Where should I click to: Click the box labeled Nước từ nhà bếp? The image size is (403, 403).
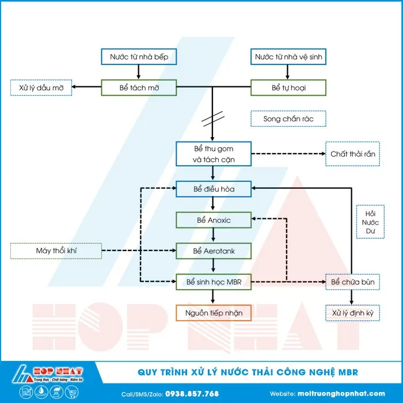[139, 56]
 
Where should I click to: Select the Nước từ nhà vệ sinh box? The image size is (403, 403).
[290, 56]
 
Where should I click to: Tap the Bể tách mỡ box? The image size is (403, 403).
[139, 88]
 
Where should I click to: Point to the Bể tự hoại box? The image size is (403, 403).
[288, 88]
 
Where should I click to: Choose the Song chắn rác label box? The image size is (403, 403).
[288, 119]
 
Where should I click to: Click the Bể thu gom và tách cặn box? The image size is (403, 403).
[214, 154]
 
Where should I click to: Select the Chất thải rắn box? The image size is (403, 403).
[352, 154]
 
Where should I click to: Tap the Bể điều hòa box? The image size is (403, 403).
[214, 188]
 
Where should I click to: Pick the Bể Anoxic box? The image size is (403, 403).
[214, 220]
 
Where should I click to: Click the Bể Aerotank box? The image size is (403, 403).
[214, 251]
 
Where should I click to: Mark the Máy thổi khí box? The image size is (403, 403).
[56, 251]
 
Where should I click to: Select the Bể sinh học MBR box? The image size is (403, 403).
[214, 282]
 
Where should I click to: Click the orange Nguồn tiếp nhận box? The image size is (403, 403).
[214, 313]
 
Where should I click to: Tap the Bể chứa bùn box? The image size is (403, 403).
[352, 282]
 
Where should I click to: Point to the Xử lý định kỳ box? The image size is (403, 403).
[352, 313]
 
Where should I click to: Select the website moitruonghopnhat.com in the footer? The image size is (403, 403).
[339, 394]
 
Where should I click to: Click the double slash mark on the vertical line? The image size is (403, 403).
[213, 119]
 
